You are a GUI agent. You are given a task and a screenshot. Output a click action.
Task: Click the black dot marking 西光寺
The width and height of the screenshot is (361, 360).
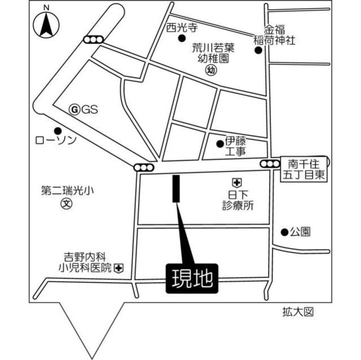(x=181, y=38)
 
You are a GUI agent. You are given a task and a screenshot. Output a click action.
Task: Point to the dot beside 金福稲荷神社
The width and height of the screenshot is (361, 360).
(x=258, y=50)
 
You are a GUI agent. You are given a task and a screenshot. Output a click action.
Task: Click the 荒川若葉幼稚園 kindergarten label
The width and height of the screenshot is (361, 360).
(x=212, y=54)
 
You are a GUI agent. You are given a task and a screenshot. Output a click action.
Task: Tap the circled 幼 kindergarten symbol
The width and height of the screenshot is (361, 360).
(x=211, y=71)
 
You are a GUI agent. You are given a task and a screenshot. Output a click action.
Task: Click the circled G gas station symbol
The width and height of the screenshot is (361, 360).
(x=73, y=110)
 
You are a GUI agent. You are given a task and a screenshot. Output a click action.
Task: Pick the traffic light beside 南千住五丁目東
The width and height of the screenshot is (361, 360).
(x=270, y=164)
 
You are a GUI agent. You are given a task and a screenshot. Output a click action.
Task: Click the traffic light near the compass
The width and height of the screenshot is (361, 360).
(x=93, y=40)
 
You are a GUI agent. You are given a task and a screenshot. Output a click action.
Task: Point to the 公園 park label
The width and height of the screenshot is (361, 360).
(x=300, y=232)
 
